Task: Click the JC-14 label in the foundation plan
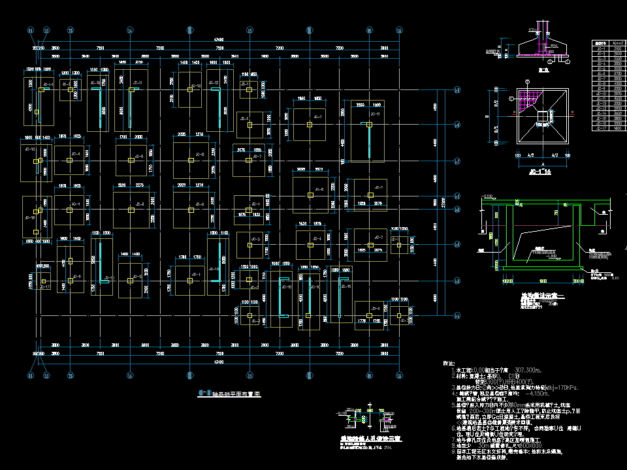(x=46, y=85)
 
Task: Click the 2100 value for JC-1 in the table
(x=615, y=49)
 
